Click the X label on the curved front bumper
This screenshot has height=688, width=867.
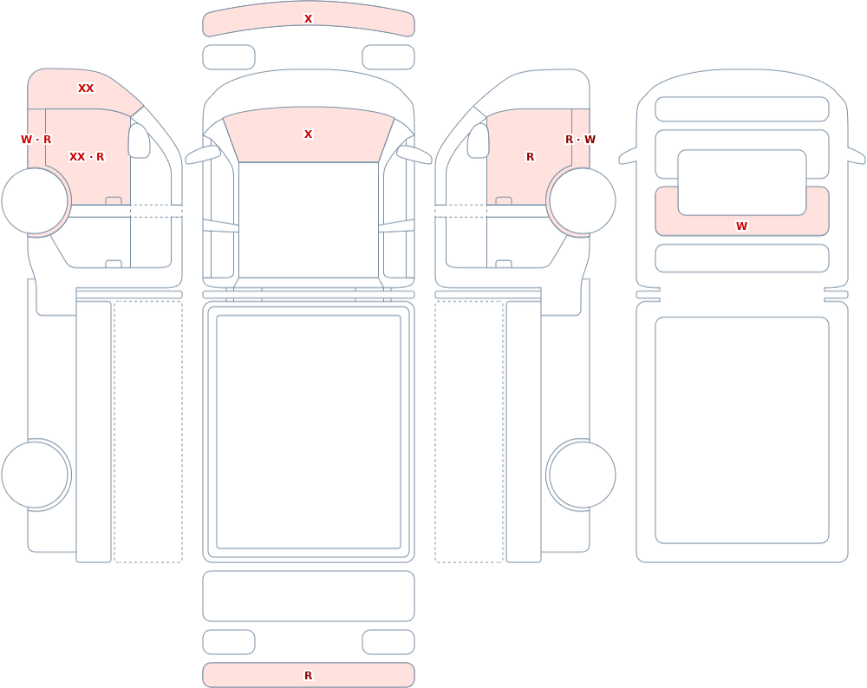tap(308, 19)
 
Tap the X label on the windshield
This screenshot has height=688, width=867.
tap(308, 134)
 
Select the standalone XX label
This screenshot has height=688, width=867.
tap(86, 88)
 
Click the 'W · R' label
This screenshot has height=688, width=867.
tap(36, 140)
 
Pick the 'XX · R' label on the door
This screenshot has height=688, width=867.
tap(87, 157)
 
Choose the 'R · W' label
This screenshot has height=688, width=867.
tap(580, 140)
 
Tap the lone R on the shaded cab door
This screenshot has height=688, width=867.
tap(531, 157)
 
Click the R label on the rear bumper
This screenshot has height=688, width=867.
tap(308, 675)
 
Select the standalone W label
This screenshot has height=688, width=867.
tap(741, 226)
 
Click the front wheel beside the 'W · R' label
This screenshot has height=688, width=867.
tap(35, 201)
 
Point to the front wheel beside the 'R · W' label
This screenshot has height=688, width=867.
tap(583, 201)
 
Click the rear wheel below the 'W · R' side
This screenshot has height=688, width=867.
tap(35, 475)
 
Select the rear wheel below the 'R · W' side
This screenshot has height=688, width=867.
tap(583, 475)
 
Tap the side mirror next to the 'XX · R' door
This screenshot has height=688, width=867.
tap(140, 141)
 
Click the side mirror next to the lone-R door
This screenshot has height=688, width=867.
tap(479, 141)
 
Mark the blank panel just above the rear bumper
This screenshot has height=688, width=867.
tap(309, 596)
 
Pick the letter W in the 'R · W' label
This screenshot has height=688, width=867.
tap(590, 140)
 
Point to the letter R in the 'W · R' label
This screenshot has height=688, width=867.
tap(47, 140)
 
